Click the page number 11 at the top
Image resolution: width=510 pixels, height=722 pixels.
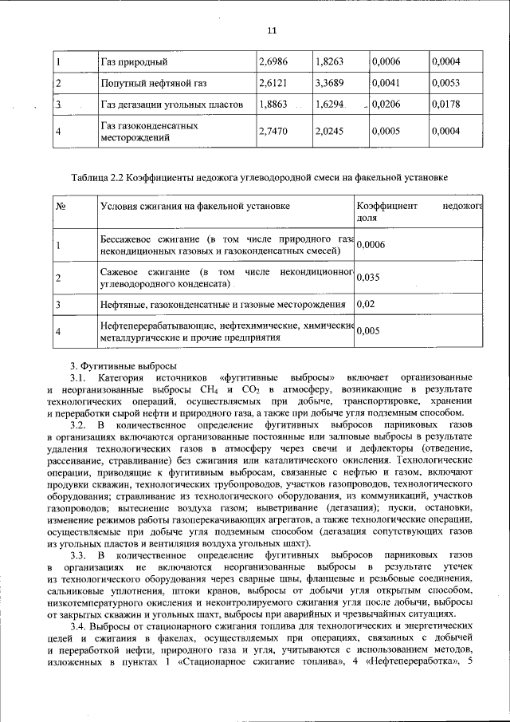[x=272, y=30]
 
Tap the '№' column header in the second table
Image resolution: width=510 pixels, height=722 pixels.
[x=60, y=206]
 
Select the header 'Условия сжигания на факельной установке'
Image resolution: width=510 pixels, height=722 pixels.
[x=194, y=206]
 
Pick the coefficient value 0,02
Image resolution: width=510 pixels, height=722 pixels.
[x=364, y=304]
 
